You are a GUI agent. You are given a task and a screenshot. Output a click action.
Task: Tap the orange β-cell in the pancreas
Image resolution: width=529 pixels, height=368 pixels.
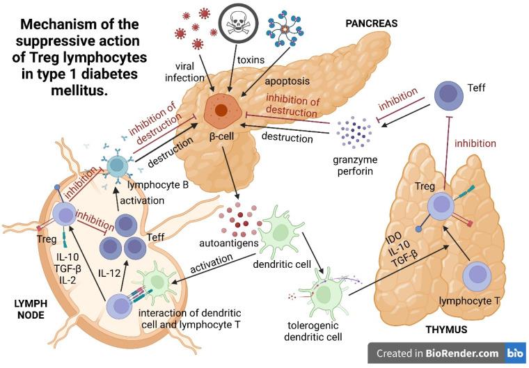point(221,109)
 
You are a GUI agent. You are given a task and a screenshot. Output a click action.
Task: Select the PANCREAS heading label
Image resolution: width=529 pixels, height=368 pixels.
point(372,23)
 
